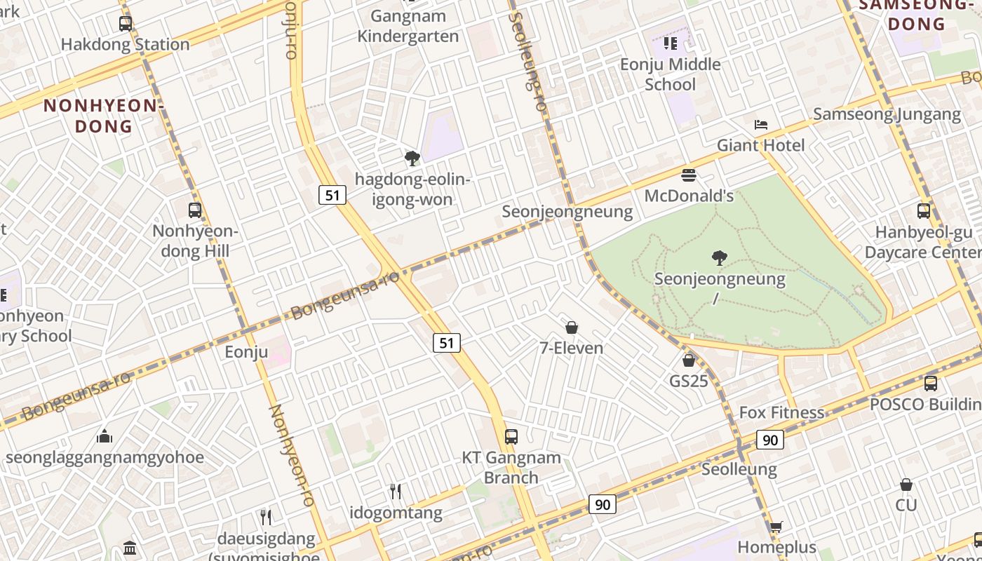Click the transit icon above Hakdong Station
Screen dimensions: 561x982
(126, 23)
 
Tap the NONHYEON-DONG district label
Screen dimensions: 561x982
(103, 116)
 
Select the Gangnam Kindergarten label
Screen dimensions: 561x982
(408, 26)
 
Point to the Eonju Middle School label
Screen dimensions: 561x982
(670, 74)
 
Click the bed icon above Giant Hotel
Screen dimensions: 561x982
(761, 125)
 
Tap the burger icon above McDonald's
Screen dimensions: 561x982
(689, 175)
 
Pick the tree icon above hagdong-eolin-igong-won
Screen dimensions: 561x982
(412, 158)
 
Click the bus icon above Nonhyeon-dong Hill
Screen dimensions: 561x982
(195, 210)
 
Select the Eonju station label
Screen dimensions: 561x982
(246, 352)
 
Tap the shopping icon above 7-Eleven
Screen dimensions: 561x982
(572, 327)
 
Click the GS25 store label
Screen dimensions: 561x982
(689, 381)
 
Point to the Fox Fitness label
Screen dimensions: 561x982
(782, 412)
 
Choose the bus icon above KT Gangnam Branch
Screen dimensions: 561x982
(511, 436)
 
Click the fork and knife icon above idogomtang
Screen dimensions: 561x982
(396, 491)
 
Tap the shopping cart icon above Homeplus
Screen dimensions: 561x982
(776, 527)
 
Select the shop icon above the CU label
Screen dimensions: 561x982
(906, 485)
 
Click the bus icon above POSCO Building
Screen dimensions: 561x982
(931, 384)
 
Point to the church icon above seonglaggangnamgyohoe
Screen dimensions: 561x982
(105, 437)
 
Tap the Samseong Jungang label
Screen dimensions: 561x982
(887, 114)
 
